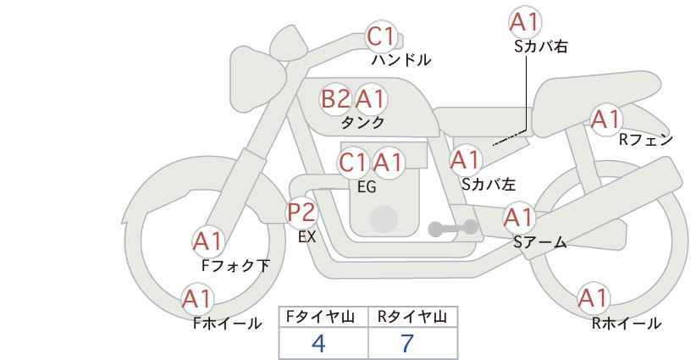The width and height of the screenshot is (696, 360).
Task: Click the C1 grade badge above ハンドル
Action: pos(381,36)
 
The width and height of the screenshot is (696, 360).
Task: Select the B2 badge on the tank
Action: pos(335,99)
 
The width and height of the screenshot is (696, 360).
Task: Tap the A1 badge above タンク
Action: pos(370,99)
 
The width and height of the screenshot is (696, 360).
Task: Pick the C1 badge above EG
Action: pos(353,162)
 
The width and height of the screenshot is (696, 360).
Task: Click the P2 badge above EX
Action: pos(301,212)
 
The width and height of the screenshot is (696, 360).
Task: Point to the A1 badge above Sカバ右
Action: pos(526,22)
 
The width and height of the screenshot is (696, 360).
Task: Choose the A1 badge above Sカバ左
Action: pos(465,158)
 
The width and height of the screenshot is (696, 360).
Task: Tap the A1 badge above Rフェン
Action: pos(605,119)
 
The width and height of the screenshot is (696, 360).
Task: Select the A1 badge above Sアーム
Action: pos(518,218)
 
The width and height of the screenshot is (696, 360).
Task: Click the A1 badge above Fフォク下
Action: pos(207,241)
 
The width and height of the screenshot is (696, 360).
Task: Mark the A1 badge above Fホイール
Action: pos(197,298)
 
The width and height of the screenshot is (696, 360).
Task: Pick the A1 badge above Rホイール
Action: pos(592,298)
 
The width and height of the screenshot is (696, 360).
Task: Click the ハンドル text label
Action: pos(401,60)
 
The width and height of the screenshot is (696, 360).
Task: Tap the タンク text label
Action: pos(362,122)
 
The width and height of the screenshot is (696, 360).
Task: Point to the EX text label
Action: pos(307,237)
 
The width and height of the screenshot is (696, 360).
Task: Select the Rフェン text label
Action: pos(645,140)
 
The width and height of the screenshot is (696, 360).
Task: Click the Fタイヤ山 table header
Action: pos(323,317)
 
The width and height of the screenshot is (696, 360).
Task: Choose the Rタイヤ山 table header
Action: pos(412,317)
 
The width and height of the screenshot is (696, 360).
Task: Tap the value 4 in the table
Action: pos(318,343)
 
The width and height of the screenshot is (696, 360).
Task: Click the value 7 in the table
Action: pos(407,343)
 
